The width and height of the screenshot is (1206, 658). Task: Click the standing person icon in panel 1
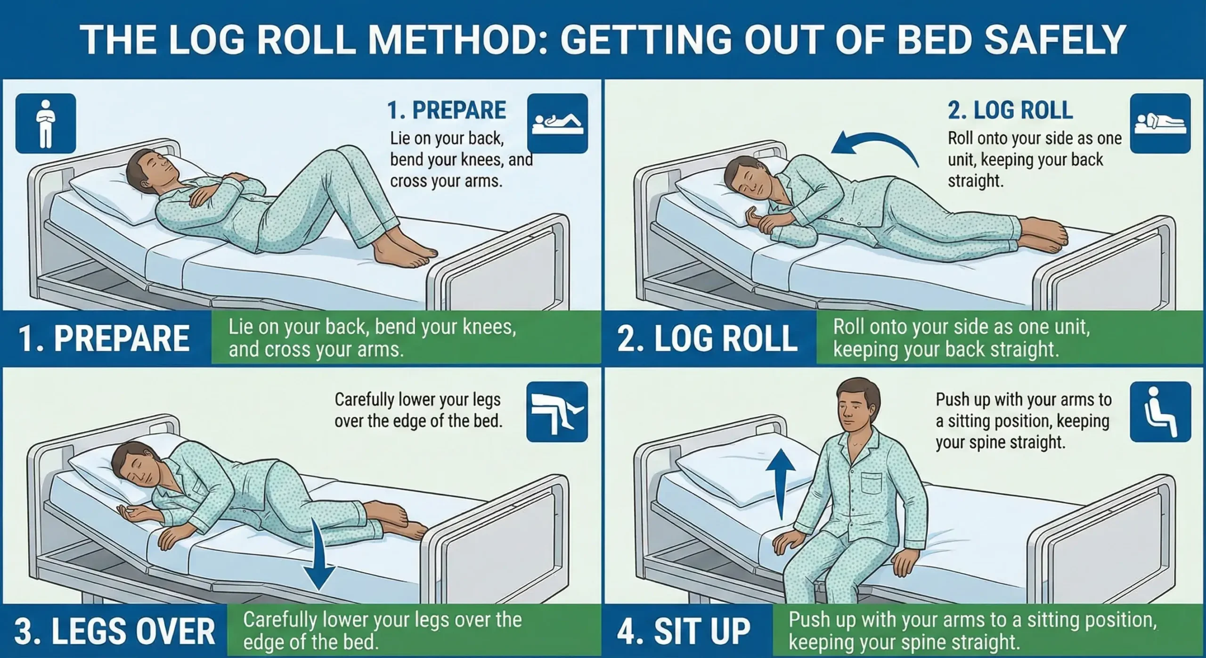coord(46,123)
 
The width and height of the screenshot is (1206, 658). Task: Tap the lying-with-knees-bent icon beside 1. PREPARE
coord(557,123)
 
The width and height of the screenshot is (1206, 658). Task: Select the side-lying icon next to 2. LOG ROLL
coord(1160,123)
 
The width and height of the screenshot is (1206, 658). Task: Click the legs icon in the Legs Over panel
coord(557,412)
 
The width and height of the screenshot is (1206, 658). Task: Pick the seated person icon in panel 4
coord(1160,412)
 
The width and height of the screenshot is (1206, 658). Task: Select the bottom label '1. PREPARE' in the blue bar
coord(104,338)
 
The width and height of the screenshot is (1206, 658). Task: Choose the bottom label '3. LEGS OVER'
coord(114,631)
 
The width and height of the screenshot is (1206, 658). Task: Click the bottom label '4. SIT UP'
coord(684,631)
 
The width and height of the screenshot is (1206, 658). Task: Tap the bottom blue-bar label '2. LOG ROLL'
coord(708,338)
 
